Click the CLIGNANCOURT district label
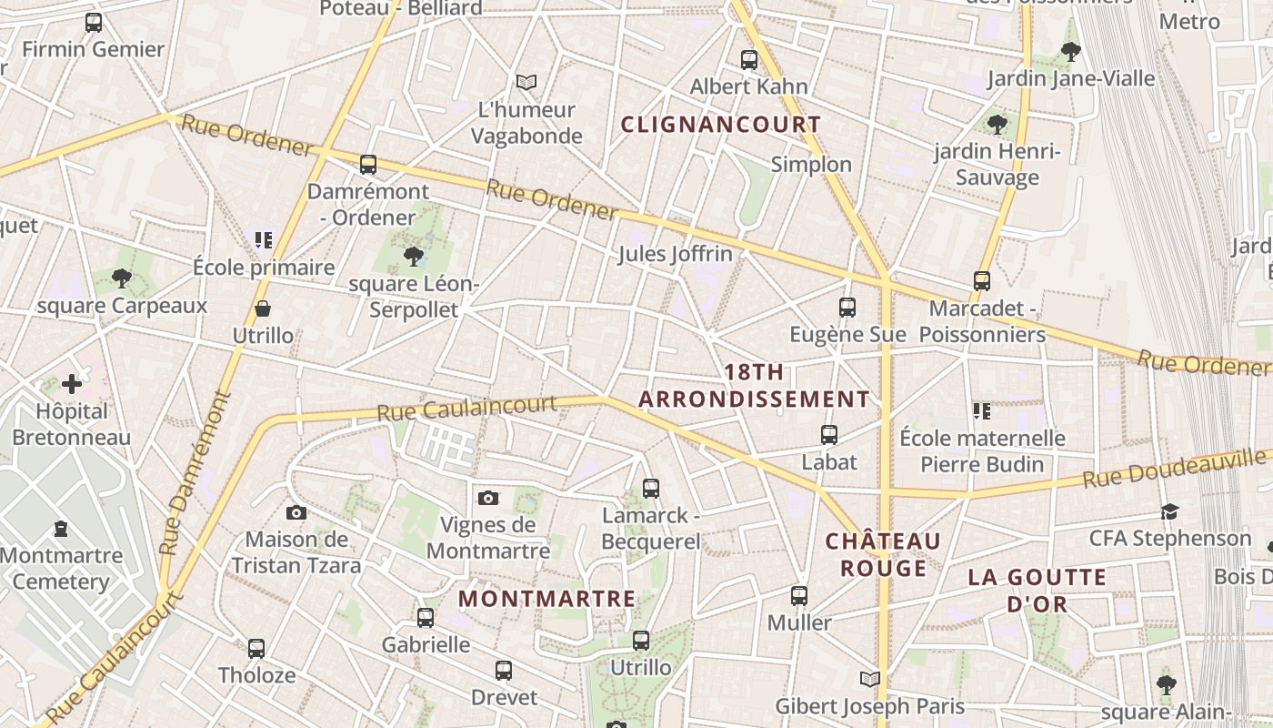[x=720, y=125]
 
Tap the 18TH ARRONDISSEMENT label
[x=754, y=386]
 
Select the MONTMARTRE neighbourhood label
[x=546, y=599]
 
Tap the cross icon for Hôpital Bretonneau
[x=72, y=385]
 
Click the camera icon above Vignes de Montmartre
[x=488, y=498]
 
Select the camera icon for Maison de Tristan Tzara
[x=296, y=513]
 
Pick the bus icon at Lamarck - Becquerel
[x=651, y=489]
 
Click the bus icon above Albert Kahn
[x=748, y=60]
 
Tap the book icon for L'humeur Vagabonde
[x=526, y=83]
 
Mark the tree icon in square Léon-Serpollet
[x=414, y=257]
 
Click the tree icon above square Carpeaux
[x=122, y=278]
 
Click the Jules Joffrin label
[x=675, y=254]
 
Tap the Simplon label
[x=811, y=165]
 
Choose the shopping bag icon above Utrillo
[x=263, y=309]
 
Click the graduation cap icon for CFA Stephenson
[x=1169, y=512]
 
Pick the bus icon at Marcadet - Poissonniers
[x=982, y=281]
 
